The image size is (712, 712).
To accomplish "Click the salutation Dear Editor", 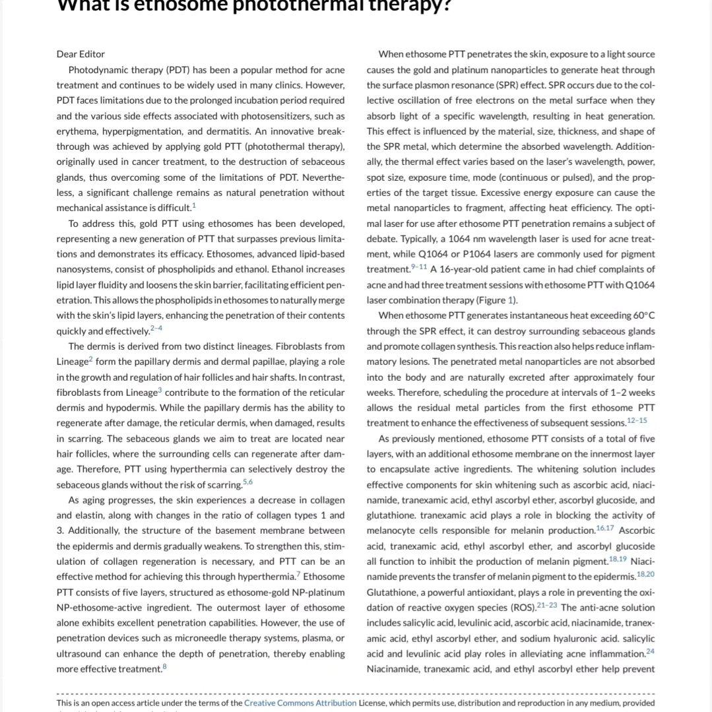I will click(81, 54).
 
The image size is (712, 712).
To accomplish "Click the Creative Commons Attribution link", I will click(300, 703).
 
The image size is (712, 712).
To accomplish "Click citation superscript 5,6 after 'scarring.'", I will click(247, 482).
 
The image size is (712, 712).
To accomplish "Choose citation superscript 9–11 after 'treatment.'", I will click(419, 267).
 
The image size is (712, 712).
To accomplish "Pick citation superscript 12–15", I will click(638, 420).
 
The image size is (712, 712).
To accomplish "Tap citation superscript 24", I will click(651, 651).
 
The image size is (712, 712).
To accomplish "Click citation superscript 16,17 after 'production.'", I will click(604, 528).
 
